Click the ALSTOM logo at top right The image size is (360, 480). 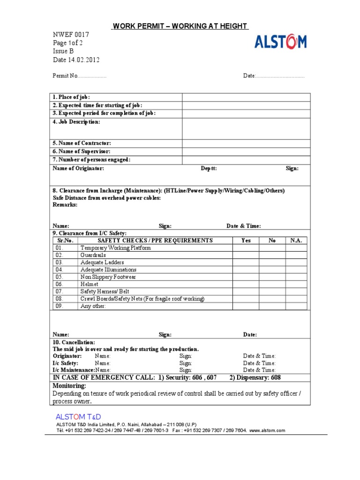[280, 42]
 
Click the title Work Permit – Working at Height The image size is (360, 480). [180, 26]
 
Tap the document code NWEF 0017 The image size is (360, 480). [70, 35]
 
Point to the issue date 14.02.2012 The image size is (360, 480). [83, 60]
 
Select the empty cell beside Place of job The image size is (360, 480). [246, 97]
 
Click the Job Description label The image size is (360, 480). [76, 122]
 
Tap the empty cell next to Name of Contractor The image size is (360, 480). [246, 143]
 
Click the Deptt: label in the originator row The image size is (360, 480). [209, 168]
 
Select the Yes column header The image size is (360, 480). [246, 240]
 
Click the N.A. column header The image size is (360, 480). [296, 240]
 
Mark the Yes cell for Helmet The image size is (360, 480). [246, 284]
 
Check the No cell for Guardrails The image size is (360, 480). [272, 255]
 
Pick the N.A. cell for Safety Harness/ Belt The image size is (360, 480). [296, 292]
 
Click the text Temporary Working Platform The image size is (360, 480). [116, 248]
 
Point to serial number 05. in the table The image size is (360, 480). [59, 277]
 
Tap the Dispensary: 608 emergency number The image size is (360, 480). [255, 378]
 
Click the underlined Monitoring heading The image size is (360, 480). [69, 385]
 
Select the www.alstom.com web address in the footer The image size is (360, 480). [267, 430]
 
